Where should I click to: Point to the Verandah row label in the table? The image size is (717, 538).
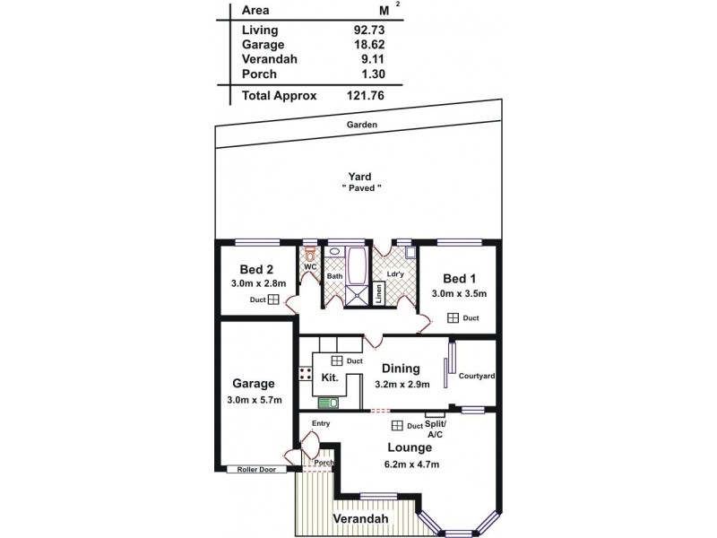pyautogui.click(x=269, y=59)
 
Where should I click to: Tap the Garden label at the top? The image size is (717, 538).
pyautogui.click(x=362, y=124)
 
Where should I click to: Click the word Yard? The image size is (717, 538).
pyautogui.click(x=362, y=177)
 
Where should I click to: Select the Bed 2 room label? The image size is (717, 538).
pyautogui.click(x=256, y=269)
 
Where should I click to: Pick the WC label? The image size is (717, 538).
pyautogui.click(x=310, y=267)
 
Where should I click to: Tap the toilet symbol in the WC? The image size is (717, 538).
pyautogui.click(x=310, y=255)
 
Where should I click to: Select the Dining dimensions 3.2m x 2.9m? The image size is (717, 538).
pyautogui.click(x=402, y=384)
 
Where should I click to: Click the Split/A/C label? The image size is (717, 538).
pyautogui.click(x=435, y=428)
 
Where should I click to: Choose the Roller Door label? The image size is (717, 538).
pyautogui.click(x=256, y=469)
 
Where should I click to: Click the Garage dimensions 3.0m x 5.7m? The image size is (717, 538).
pyautogui.click(x=253, y=399)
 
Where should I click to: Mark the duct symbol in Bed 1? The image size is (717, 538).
pyautogui.click(x=454, y=317)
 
